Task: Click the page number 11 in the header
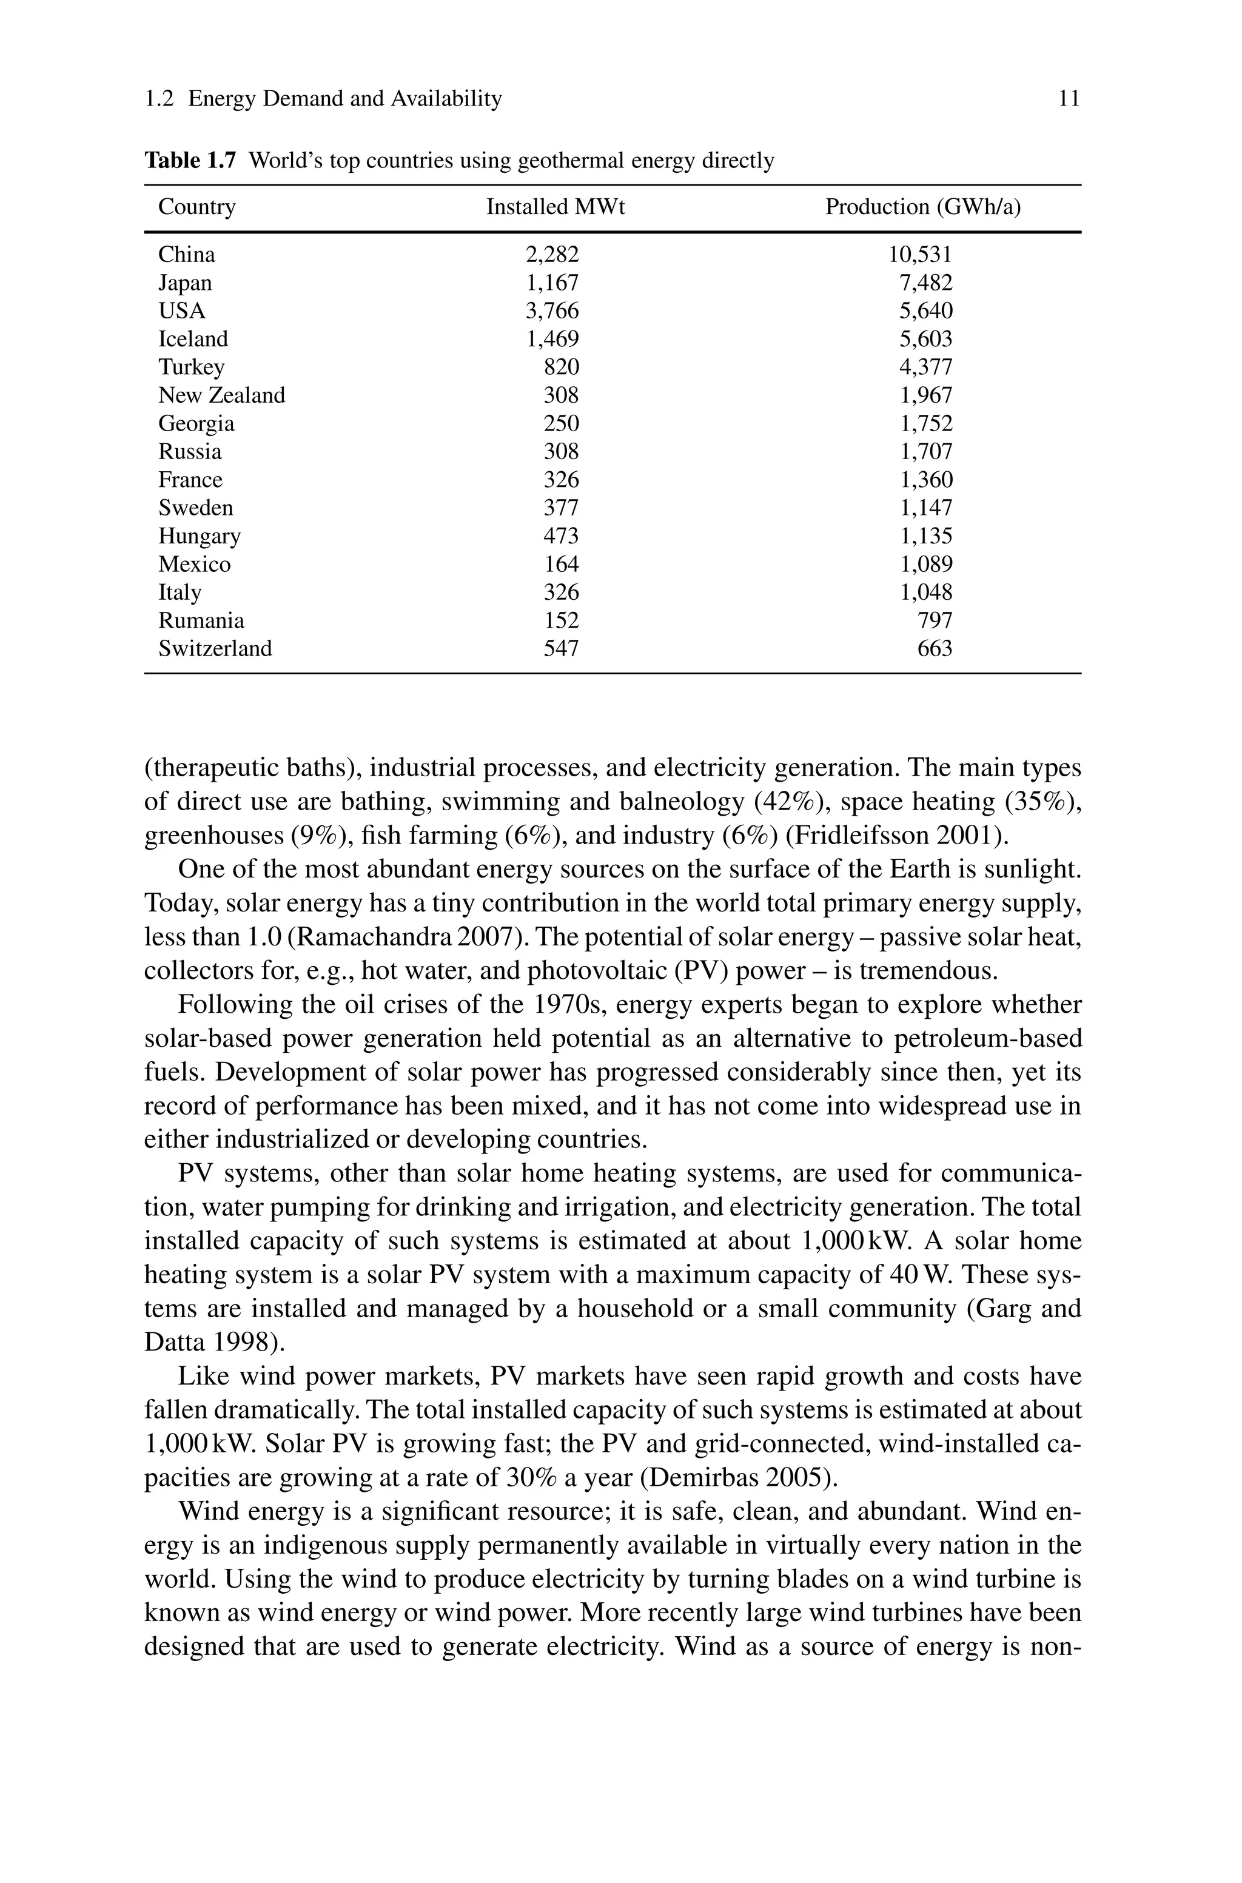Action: click(1069, 99)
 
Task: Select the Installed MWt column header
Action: click(556, 207)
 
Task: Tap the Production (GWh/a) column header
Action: click(923, 207)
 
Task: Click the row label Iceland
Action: click(193, 339)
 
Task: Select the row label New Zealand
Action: click(222, 395)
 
